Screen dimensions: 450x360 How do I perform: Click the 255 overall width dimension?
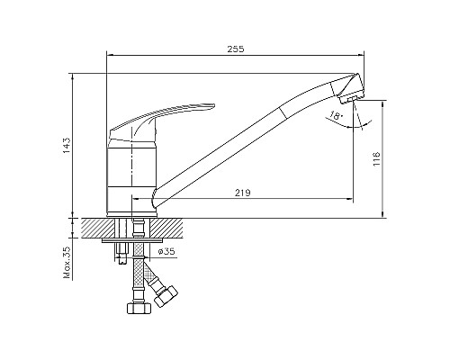pos(236,49)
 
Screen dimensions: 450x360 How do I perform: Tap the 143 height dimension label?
pos(67,146)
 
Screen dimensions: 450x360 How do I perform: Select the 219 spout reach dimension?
pos(242,193)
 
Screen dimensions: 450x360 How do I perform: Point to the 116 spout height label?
pos(376,159)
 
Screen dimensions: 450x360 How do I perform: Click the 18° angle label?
pos(336,115)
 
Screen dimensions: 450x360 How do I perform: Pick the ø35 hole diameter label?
pos(166,251)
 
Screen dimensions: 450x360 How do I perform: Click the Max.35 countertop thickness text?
pos(67,263)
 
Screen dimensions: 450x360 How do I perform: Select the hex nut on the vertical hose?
pos(139,308)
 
